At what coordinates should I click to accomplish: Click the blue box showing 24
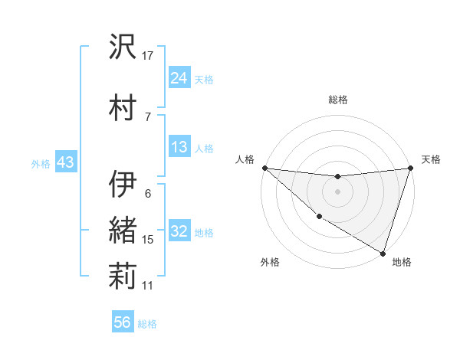coord(179,77)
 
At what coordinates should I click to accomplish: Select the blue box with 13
coord(179,147)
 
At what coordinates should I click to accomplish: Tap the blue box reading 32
coord(179,231)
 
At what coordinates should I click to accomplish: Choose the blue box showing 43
coord(64,162)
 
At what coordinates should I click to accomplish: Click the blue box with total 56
coord(123,322)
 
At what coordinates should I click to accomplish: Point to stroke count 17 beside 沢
coord(148,55)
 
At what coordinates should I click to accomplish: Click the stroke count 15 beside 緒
coord(148,240)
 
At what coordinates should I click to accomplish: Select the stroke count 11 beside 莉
coord(148,285)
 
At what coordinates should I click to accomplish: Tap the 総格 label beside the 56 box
coord(147,324)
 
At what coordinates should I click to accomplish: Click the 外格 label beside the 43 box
coord(41,163)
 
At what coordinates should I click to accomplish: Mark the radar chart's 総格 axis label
coord(337,100)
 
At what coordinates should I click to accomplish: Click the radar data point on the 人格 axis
coord(264,168)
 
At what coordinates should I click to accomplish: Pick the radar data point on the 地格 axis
coord(383,252)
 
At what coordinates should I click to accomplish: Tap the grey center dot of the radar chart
coord(337,191)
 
